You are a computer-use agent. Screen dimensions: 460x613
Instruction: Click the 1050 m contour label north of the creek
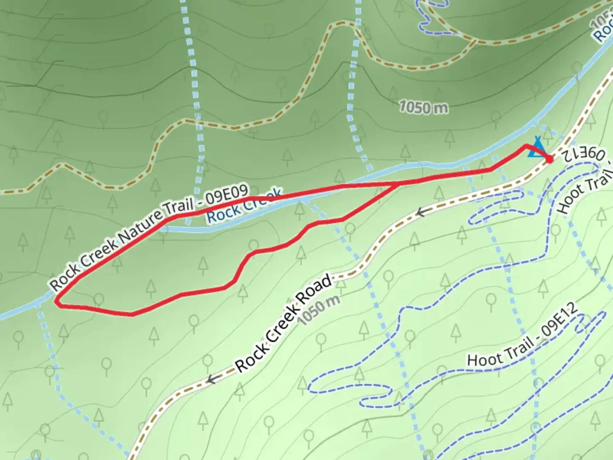(424, 107)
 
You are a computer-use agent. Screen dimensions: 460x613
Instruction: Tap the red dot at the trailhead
(549, 159)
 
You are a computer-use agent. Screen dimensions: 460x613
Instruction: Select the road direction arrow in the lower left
(211, 379)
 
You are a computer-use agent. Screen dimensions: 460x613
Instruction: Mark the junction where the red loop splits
(398, 184)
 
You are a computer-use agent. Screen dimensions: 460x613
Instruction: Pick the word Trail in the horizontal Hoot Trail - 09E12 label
(517, 346)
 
